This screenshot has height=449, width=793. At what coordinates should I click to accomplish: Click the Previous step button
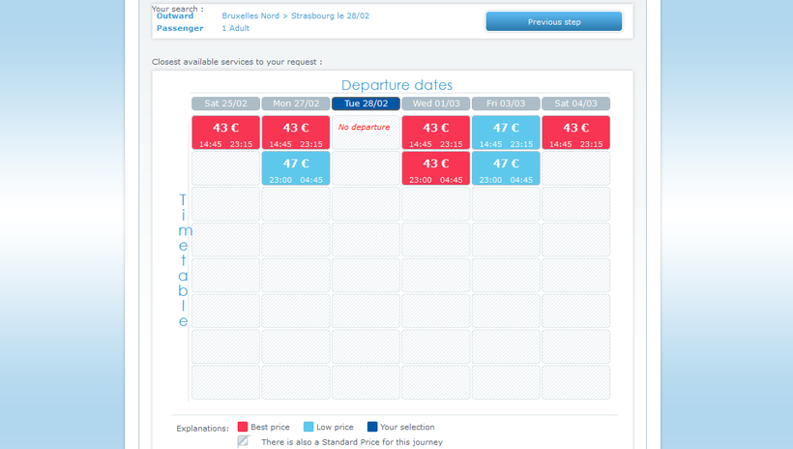pos(554,21)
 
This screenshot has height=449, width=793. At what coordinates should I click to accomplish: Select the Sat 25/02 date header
pos(225,104)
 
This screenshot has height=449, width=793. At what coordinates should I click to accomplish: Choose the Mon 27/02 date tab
pos(296,104)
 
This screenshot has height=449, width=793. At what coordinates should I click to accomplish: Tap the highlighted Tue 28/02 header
pos(366,104)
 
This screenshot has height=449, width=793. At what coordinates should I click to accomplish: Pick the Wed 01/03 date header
pos(436,104)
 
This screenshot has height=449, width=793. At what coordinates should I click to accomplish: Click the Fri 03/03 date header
pos(506,104)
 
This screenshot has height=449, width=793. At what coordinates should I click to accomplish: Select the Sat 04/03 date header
pos(576,104)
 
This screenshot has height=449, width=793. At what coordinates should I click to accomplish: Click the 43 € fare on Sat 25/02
pos(225,133)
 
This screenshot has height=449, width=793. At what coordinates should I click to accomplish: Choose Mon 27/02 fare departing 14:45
pos(296,133)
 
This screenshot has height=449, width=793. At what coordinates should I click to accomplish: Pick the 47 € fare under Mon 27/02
pos(296,168)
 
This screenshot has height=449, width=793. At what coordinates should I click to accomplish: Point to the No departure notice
pos(365,127)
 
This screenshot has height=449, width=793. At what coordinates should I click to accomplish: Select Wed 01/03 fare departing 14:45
pos(436,133)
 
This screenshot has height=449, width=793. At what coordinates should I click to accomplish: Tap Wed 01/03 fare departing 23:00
pos(436,168)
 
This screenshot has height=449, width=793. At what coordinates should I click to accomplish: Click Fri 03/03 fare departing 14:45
pos(506,133)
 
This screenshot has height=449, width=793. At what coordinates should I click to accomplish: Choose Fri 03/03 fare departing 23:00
pos(506,168)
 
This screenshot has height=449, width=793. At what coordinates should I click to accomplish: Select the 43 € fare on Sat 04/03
pos(576,133)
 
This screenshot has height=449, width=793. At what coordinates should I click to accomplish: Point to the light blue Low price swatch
pos(308,427)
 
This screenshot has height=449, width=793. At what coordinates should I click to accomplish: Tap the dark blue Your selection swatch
pos(372,427)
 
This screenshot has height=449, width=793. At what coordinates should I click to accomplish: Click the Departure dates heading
pos(396,85)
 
